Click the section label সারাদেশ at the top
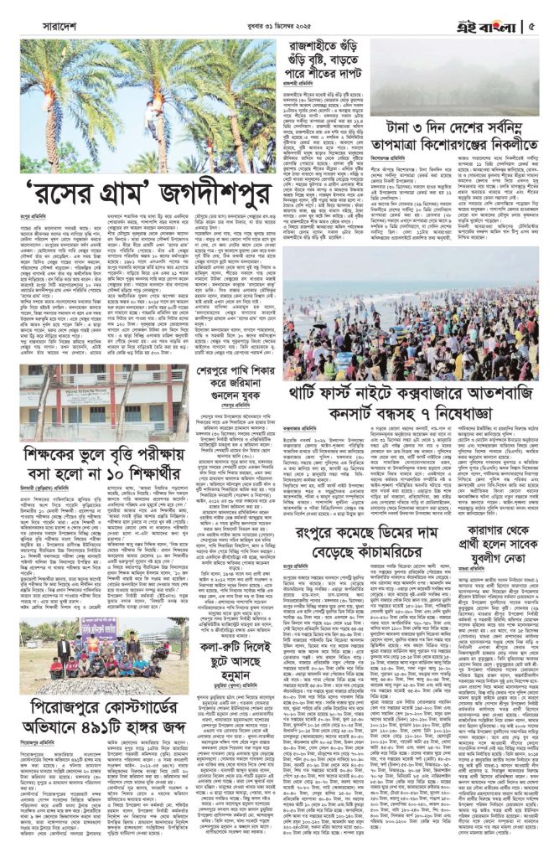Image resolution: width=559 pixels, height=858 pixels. point(60,25)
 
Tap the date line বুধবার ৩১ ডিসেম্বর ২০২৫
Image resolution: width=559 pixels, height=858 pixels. point(279,25)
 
